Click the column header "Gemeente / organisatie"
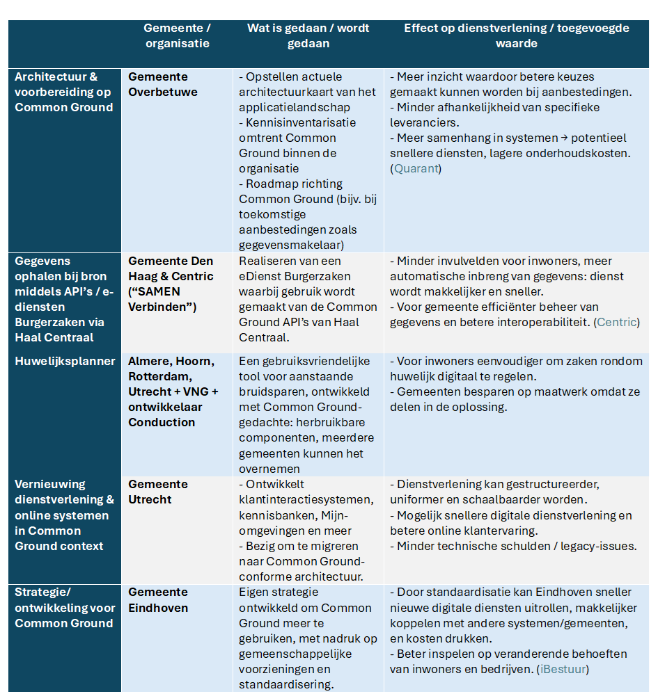click(177, 35)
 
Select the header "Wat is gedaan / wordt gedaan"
click(308, 35)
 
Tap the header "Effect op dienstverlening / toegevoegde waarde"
click(516, 35)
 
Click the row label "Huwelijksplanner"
click(65, 362)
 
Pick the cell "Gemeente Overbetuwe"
click(162, 84)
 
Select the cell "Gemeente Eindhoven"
click(158, 600)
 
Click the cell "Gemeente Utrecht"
click(158, 492)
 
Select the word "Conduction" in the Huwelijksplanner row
click(162, 422)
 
